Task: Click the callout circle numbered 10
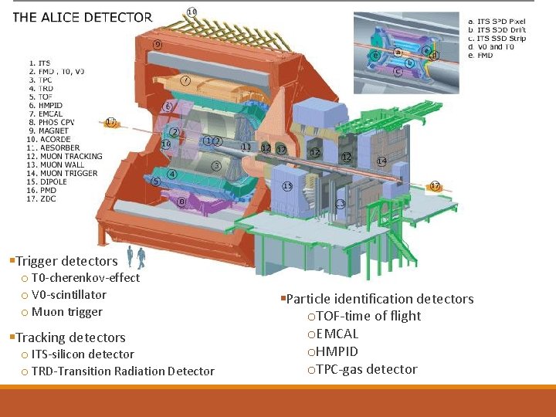tap(192, 12)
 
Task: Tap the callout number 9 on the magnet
tap(158, 45)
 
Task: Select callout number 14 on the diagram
tap(381, 161)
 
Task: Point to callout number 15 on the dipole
tap(287, 186)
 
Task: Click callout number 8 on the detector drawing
tap(181, 202)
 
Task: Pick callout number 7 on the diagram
tap(186, 80)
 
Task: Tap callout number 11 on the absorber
tap(246, 147)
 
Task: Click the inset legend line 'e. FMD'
tap(481, 55)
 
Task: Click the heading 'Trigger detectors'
tap(66, 261)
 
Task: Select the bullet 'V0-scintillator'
tap(69, 295)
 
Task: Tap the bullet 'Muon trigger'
tap(66, 312)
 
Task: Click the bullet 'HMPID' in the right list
tap(337, 351)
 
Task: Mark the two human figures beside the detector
tap(136, 257)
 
